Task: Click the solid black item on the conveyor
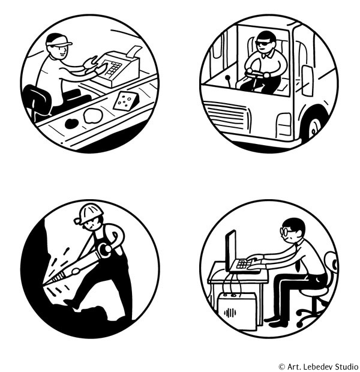pyautogui.click(x=71, y=124)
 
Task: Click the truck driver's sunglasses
pyautogui.click(x=263, y=43)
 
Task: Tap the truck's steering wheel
pyautogui.click(x=256, y=73)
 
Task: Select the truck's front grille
pyautogui.click(x=227, y=115)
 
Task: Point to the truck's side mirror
pyautogui.click(x=307, y=80)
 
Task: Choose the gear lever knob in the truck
pyautogui.click(x=228, y=77)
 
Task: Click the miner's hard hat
pyautogui.click(x=91, y=214)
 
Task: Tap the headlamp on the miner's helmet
pyautogui.click(x=78, y=221)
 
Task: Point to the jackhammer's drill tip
pyautogui.click(x=44, y=284)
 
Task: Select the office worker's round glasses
pyautogui.click(x=285, y=232)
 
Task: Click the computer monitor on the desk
pyautogui.click(x=230, y=251)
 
